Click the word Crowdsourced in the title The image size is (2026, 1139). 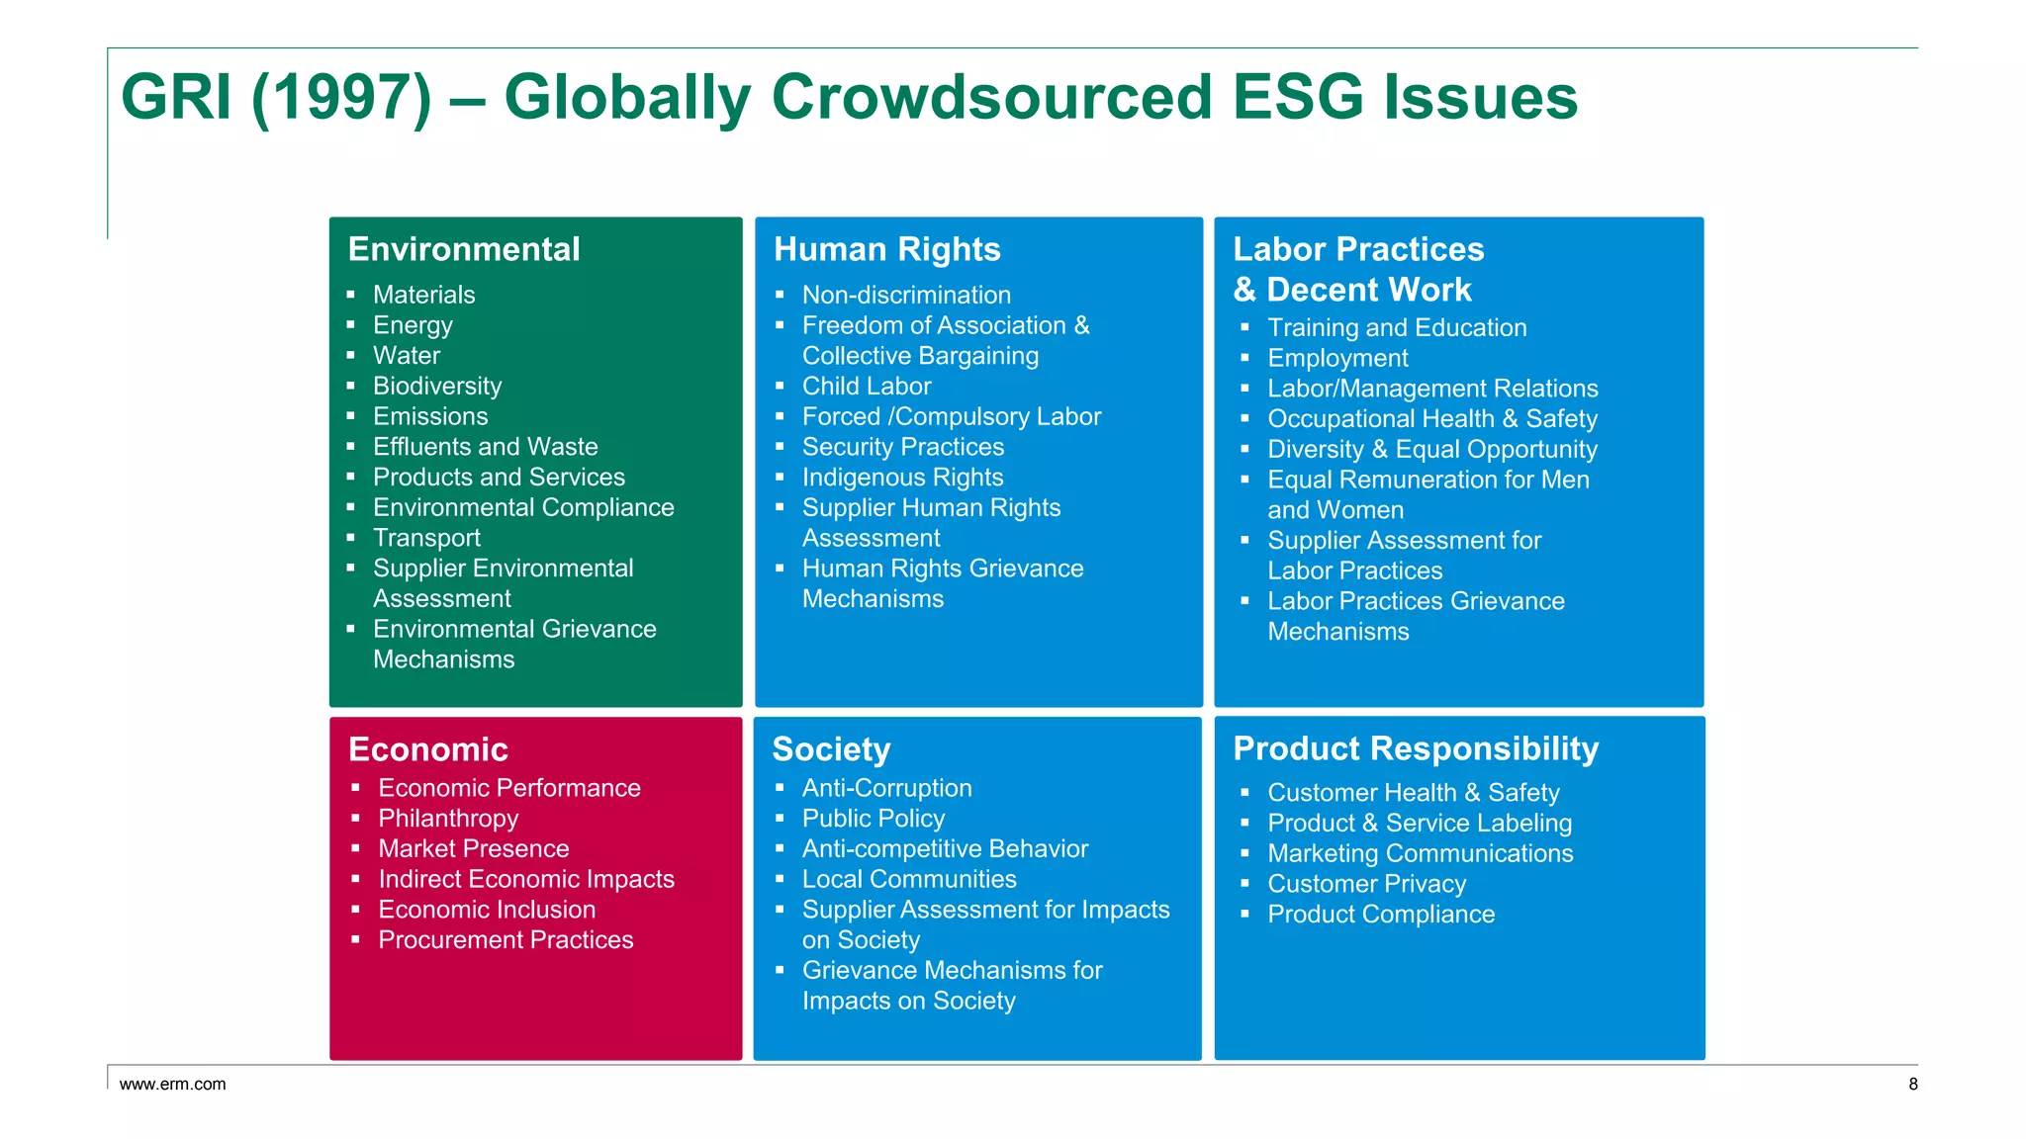click(991, 98)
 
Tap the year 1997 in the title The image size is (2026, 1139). click(342, 98)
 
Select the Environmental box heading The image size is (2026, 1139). click(464, 249)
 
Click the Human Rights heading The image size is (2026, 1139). click(886, 249)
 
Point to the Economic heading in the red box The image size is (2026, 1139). click(428, 749)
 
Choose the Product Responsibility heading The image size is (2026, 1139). click(1416, 748)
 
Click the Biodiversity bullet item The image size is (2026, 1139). click(437, 386)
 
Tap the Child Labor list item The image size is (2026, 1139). click(867, 386)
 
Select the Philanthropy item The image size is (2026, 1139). click(448, 819)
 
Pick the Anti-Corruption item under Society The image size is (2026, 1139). click(886, 788)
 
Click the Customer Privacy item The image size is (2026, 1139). click(1366, 884)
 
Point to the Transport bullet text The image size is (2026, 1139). click(426, 538)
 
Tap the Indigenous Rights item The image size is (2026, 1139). click(902, 478)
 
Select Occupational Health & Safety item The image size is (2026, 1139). click(1431, 419)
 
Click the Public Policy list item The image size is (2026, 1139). click(874, 819)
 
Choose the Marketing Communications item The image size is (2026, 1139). click(1420, 853)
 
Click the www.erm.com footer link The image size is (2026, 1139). click(173, 1085)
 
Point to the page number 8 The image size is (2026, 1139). click(1913, 1085)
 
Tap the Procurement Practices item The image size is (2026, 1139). click(506, 940)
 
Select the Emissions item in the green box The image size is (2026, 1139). click(430, 416)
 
